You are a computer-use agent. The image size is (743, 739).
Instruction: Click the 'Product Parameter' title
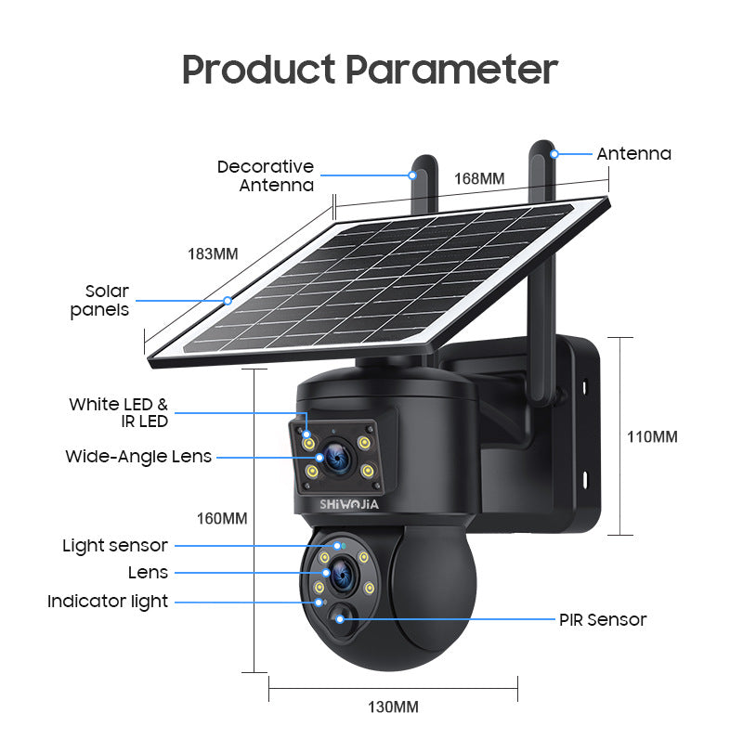point(370,70)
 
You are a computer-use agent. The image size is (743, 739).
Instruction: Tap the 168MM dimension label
point(479,178)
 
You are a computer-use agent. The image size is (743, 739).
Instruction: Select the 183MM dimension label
point(213,253)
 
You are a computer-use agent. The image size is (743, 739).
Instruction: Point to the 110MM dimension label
point(652,436)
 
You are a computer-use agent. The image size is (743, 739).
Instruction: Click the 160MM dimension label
point(222,518)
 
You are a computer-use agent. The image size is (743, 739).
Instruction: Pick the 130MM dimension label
point(393,707)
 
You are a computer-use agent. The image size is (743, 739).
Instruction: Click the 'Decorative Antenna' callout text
point(266,175)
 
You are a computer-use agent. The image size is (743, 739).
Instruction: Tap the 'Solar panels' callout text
point(99,301)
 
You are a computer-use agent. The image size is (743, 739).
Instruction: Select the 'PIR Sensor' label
point(603,619)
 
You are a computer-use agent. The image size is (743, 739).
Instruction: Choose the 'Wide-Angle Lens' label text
point(138,456)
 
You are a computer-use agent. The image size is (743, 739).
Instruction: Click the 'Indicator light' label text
point(108,602)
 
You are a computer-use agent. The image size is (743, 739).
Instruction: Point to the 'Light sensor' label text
point(115,545)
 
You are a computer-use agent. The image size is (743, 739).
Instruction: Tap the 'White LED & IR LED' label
point(119,412)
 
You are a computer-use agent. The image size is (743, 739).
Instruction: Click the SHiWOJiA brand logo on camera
point(349,504)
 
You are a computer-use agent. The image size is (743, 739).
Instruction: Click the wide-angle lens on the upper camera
point(338,458)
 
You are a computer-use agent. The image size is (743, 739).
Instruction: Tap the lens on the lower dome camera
point(341,574)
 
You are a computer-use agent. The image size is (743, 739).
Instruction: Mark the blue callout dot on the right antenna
point(554,154)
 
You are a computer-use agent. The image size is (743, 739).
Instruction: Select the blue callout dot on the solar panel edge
point(228,301)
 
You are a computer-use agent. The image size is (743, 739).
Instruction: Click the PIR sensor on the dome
point(340,618)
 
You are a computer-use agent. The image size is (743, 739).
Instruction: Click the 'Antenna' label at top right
point(634,153)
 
